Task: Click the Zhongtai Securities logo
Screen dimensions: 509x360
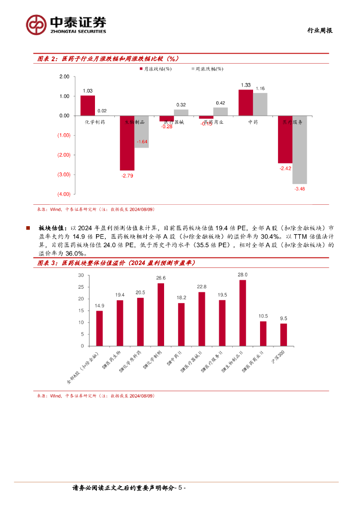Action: (66, 24)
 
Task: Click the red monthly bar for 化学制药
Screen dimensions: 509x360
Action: (88, 105)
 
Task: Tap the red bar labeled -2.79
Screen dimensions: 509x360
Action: (127, 143)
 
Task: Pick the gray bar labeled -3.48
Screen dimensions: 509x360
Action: (299, 150)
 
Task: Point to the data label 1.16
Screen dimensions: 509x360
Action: (260, 88)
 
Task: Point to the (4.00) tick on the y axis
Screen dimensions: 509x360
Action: (63, 194)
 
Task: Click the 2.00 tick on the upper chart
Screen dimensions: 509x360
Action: (64, 77)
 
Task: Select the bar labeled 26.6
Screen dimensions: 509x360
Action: (161, 314)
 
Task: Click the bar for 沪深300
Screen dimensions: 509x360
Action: (283, 335)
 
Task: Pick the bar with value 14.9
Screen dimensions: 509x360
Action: (99, 328)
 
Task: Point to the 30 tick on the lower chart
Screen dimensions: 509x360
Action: (81, 275)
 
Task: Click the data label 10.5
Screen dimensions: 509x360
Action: (263, 316)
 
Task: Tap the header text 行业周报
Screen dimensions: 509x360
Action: (319, 30)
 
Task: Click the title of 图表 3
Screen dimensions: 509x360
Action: (117, 262)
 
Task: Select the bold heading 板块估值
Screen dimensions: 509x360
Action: (52, 228)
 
